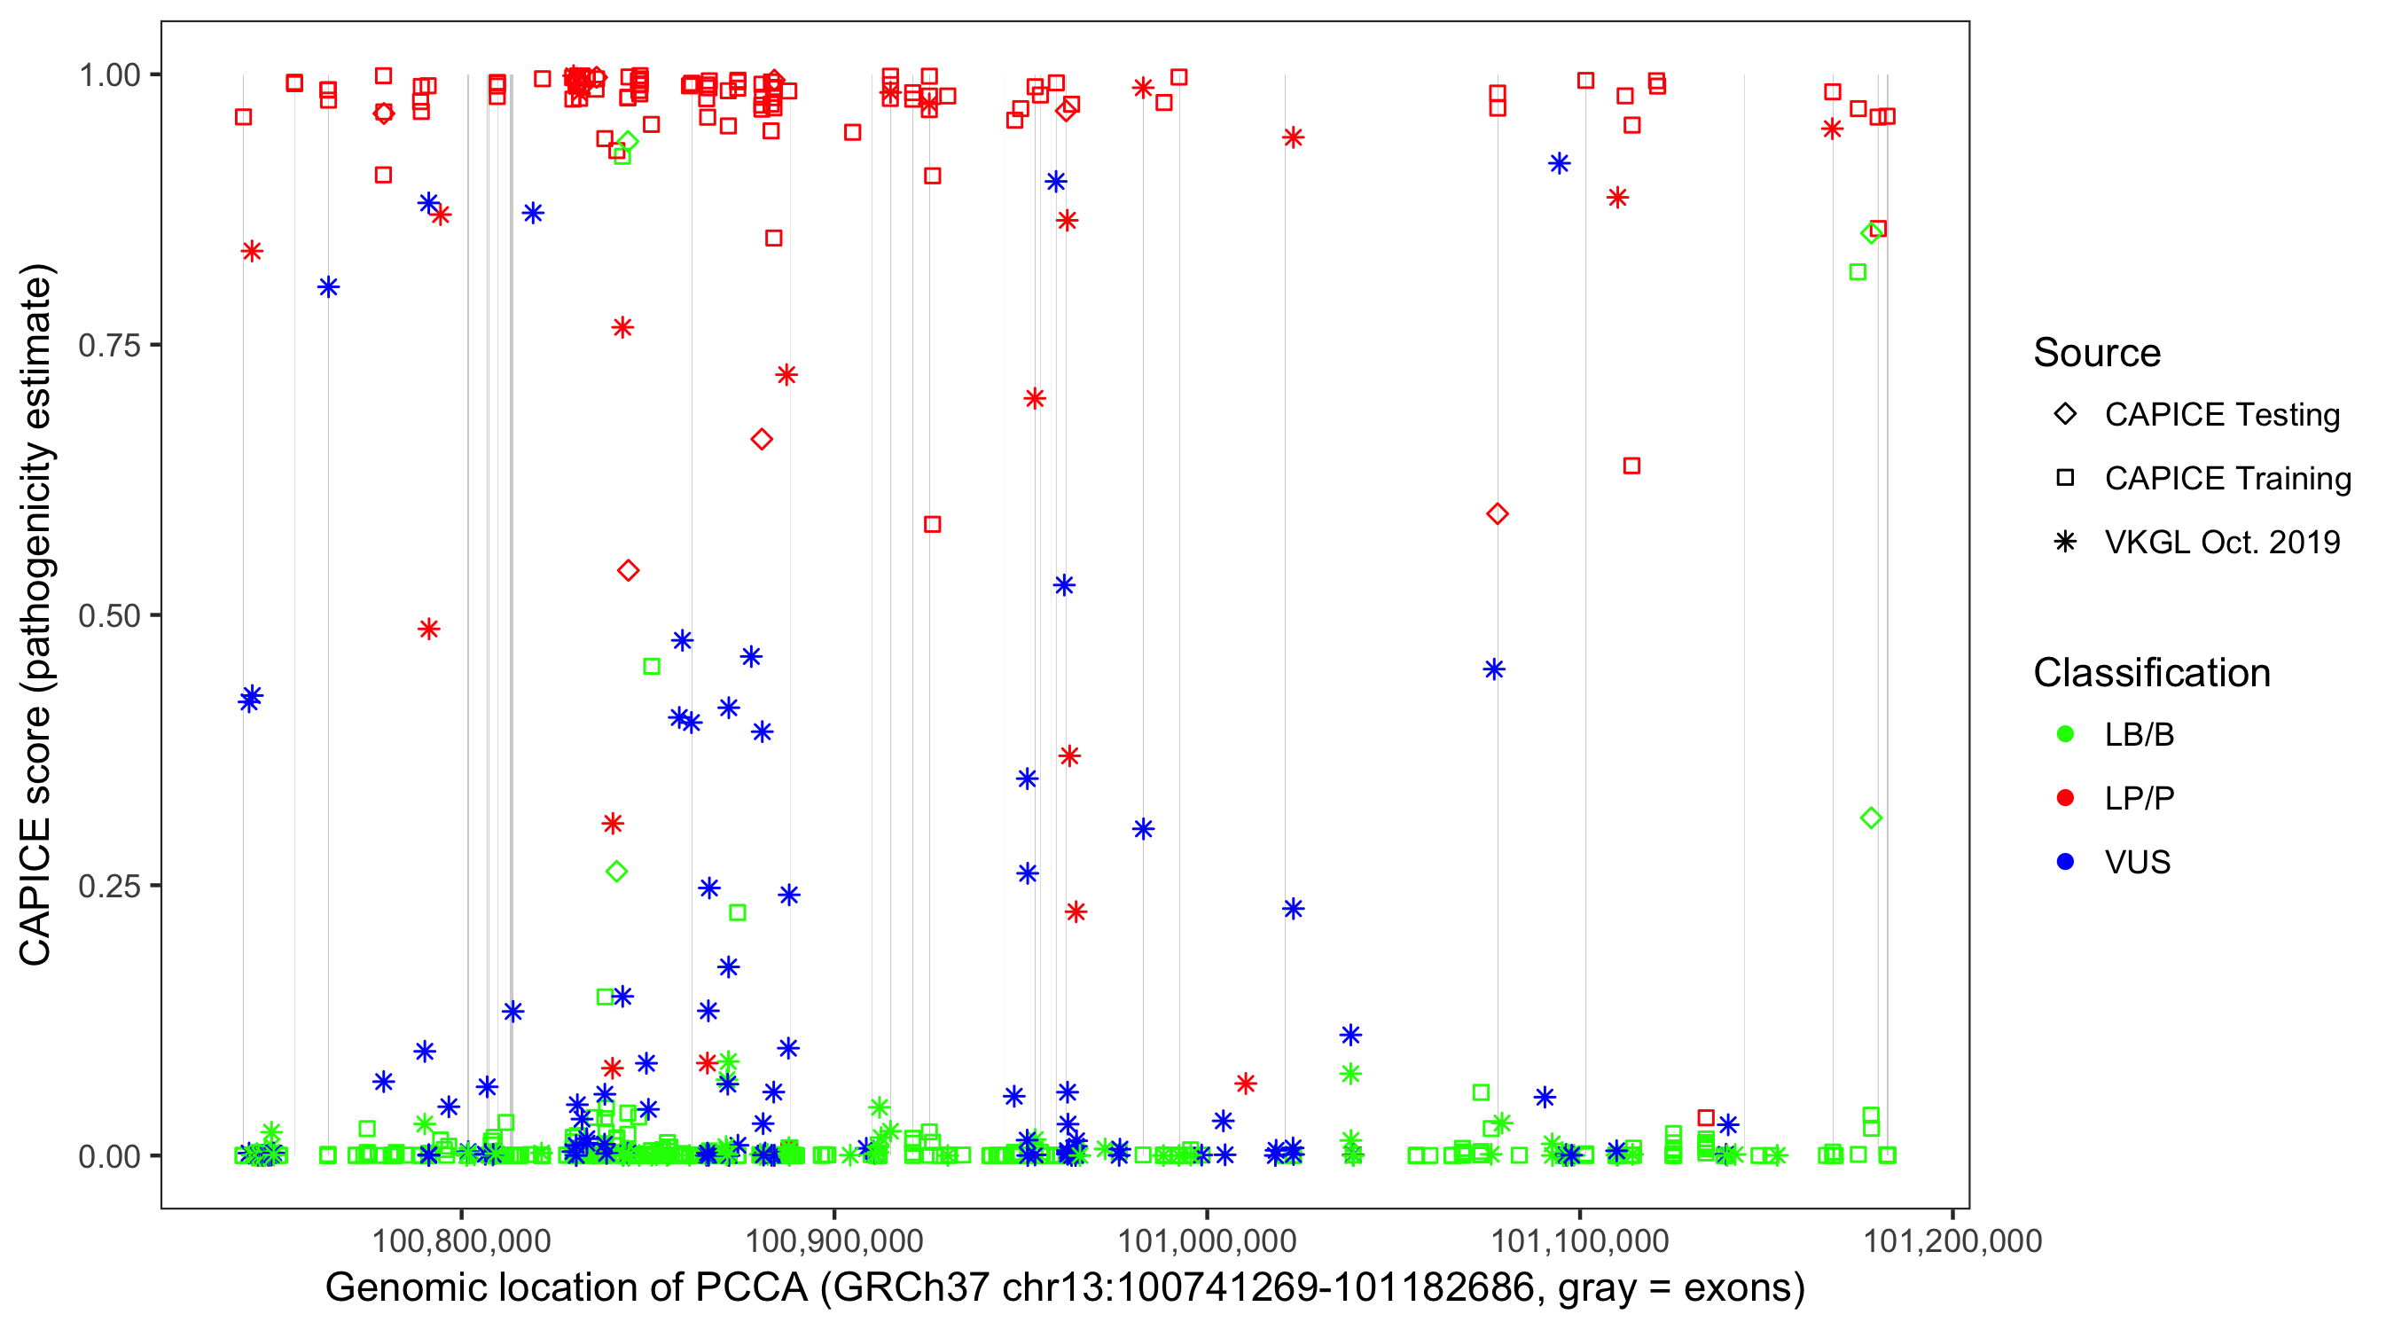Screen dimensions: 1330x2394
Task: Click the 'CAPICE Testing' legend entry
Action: (x=2221, y=415)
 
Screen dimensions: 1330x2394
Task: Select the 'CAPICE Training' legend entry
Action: (x=2226, y=479)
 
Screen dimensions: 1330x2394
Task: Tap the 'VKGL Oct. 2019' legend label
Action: (x=2221, y=542)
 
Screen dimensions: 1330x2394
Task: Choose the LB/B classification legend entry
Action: (x=2139, y=734)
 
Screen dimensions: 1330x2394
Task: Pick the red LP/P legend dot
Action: (x=2066, y=798)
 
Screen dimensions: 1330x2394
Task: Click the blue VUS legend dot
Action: (x=2066, y=862)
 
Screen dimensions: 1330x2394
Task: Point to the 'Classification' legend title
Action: (x=2151, y=672)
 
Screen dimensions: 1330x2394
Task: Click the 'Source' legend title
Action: (x=2097, y=352)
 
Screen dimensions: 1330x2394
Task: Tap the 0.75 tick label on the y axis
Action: (x=108, y=345)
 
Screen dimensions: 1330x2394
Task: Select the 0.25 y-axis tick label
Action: (x=108, y=886)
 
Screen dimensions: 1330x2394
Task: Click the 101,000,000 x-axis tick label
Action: (x=1206, y=1240)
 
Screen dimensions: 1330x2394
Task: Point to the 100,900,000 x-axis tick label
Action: (x=833, y=1240)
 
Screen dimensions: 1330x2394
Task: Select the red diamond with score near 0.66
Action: (x=762, y=440)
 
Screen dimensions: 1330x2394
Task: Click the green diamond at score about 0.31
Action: (x=1872, y=818)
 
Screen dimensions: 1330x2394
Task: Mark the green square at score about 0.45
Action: (x=652, y=667)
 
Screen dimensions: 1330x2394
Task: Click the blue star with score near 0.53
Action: (x=1064, y=584)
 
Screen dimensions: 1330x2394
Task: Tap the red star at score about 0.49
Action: (x=428, y=630)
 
